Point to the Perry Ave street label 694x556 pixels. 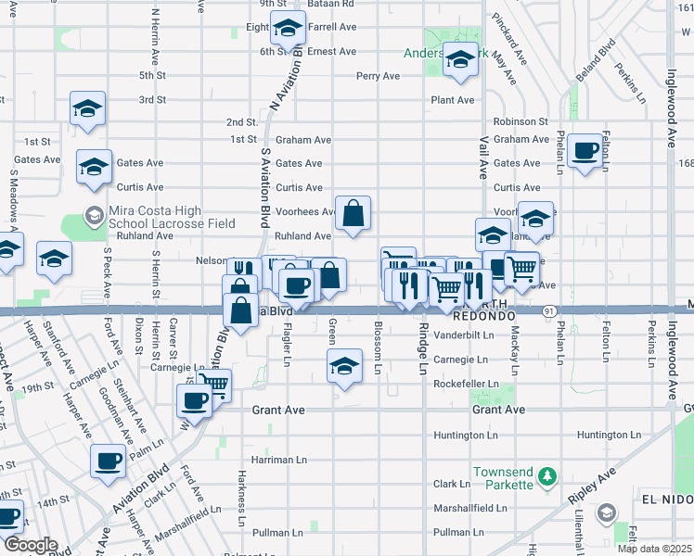pos(377,76)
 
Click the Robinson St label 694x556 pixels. pos(520,121)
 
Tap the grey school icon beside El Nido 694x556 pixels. pos(607,512)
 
